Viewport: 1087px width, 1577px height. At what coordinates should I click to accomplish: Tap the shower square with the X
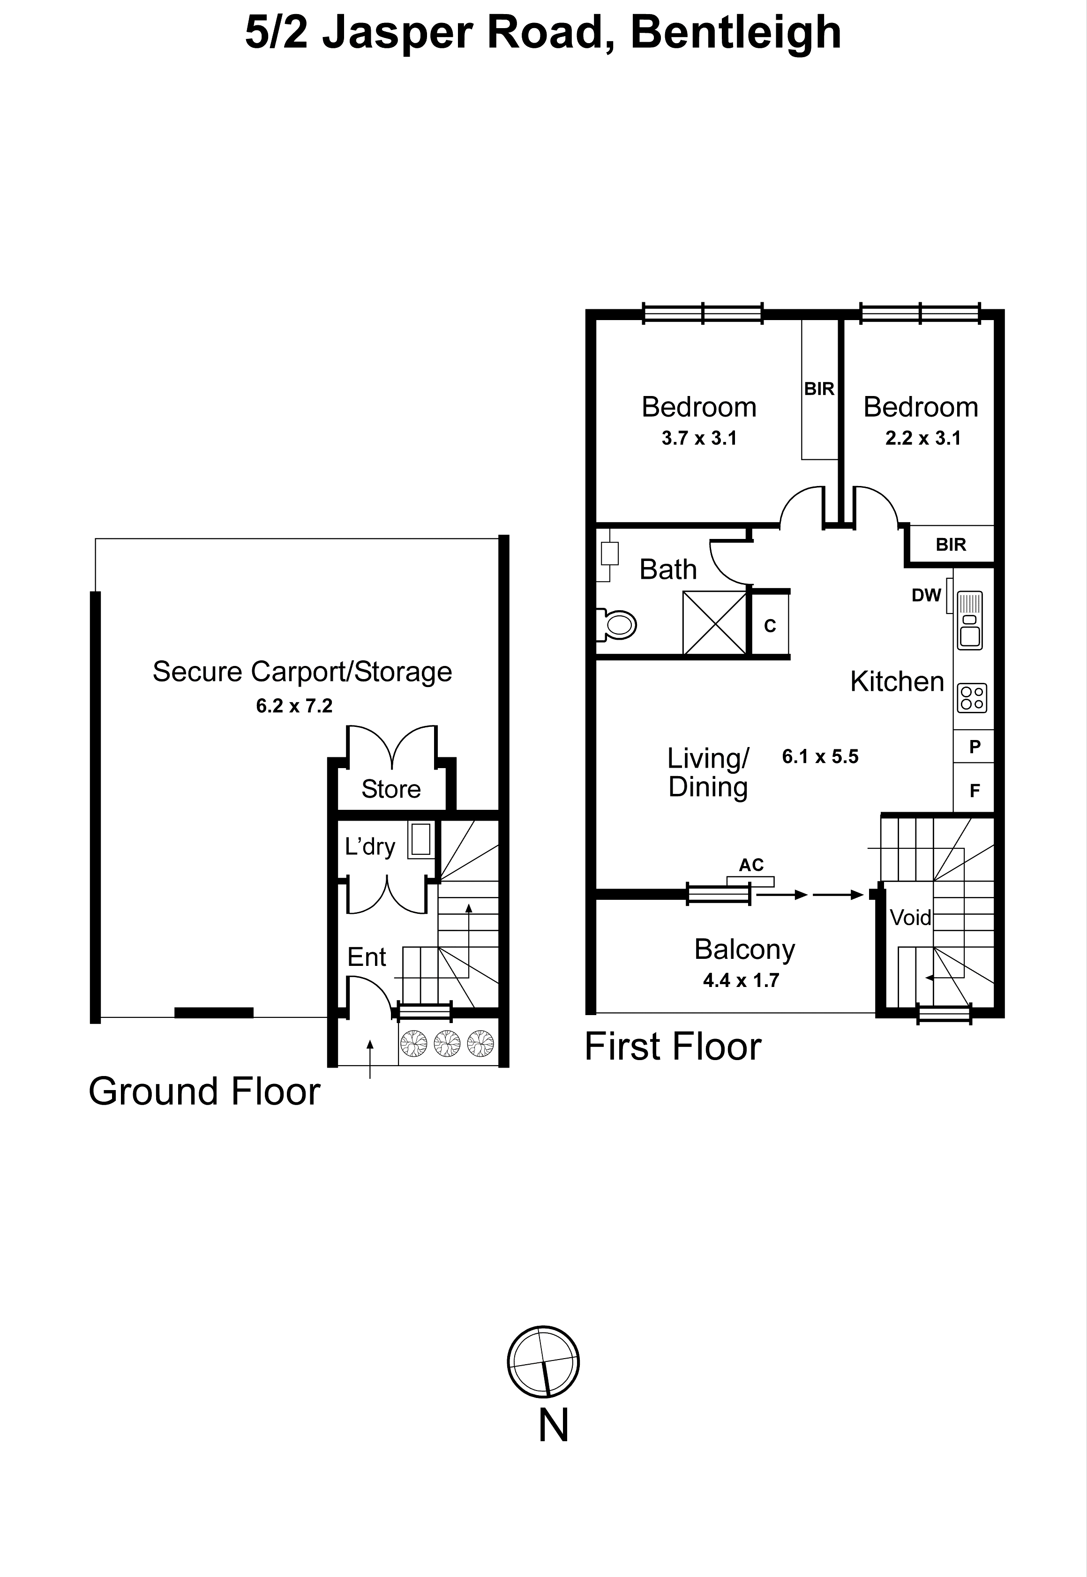[x=714, y=622]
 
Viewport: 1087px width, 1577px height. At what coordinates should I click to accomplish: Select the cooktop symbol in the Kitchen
[x=972, y=698]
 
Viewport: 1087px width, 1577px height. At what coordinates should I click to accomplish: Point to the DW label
[x=926, y=595]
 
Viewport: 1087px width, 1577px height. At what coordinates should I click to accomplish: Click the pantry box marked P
[x=974, y=746]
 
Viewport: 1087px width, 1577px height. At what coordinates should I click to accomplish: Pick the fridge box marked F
[x=974, y=791]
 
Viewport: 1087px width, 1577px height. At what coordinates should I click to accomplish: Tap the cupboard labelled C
[x=770, y=625]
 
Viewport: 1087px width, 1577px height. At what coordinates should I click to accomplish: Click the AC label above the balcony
[x=751, y=865]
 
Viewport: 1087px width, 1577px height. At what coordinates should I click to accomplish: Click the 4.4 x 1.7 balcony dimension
[x=741, y=980]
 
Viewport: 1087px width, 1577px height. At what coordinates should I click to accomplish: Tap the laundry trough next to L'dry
[x=420, y=840]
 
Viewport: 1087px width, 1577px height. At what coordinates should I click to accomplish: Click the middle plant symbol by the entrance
[x=448, y=1043]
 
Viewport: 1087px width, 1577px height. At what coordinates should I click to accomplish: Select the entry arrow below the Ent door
[x=370, y=1058]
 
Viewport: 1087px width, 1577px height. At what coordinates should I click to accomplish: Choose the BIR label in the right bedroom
[x=950, y=545]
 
